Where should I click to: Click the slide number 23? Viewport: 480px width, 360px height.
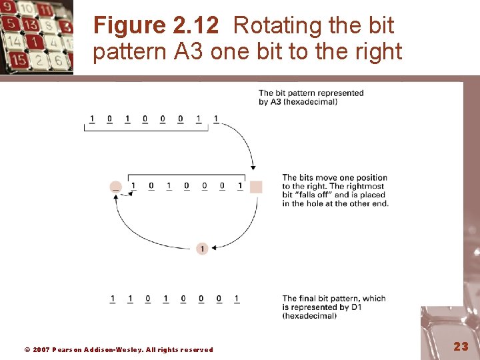[461, 346]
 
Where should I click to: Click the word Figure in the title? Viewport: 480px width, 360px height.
[129, 25]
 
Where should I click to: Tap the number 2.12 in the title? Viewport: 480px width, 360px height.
[195, 25]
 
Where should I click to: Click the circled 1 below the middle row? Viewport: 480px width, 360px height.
[202, 249]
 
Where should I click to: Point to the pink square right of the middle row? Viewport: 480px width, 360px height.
[256, 187]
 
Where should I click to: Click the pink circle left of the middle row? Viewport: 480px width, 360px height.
[116, 187]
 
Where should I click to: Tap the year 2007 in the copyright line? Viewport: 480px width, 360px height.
[41, 349]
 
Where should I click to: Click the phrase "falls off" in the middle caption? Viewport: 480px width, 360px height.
[315, 195]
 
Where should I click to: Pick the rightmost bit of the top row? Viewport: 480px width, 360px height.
[215, 119]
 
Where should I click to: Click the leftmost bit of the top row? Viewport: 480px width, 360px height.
[92, 119]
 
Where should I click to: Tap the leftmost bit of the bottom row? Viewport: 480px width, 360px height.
[112, 299]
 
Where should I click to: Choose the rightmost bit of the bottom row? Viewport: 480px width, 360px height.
[237, 299]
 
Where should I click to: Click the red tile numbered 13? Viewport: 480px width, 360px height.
[29, 25]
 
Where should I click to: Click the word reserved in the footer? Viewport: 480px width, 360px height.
[197, 349]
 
